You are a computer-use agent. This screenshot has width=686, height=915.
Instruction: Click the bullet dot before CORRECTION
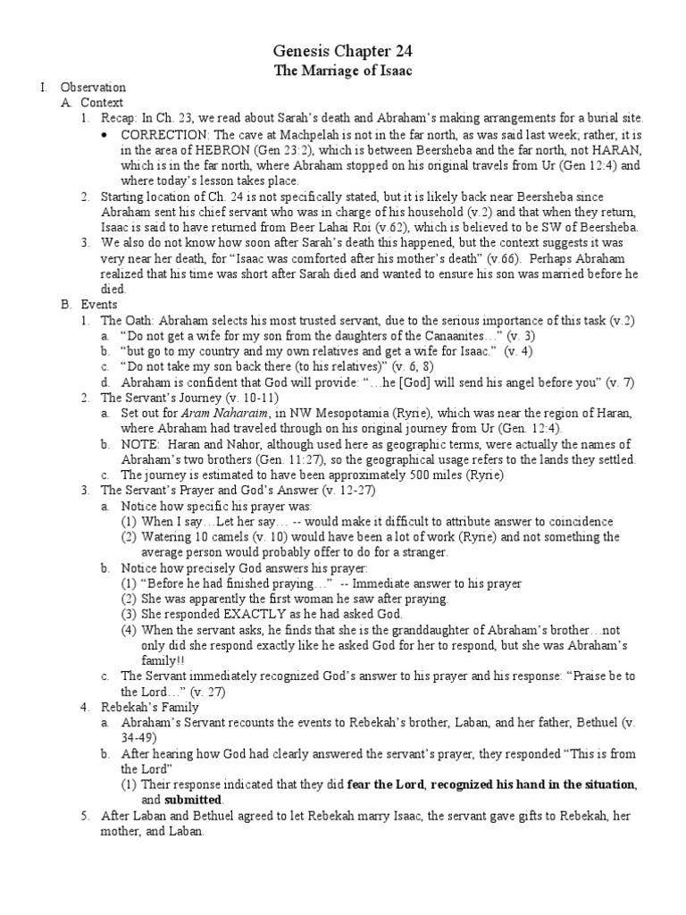tap(105, 134)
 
